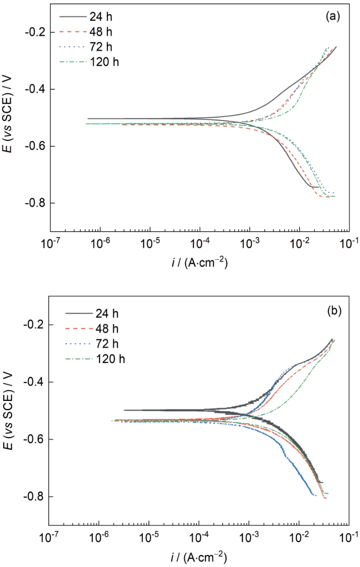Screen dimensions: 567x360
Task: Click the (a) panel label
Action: (332, 17)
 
